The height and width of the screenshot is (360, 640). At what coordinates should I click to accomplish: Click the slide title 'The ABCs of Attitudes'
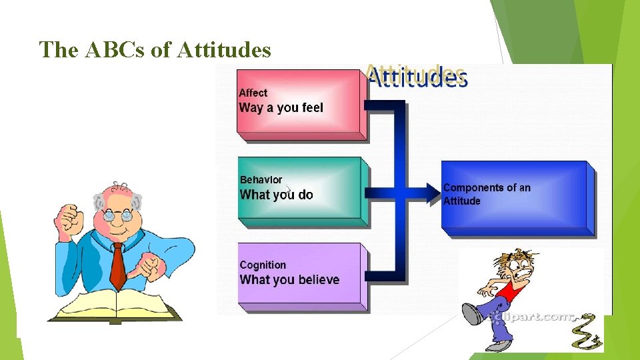[x=155, y=49]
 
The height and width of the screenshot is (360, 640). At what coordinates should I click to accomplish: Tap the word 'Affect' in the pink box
[x=253, y=93]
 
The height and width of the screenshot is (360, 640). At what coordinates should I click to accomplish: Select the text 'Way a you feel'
[x=281, y=107]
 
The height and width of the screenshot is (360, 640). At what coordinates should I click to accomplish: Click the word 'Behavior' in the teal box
[x=261, y=179]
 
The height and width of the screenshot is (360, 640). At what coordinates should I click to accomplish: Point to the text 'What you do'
[x=276, y=195]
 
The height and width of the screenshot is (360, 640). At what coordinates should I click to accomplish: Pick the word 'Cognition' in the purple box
[x=263, y=265]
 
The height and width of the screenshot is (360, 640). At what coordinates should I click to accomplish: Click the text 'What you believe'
[x=289, y=279]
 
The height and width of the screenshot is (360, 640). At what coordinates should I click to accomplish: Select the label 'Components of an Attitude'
[x=487, y=194]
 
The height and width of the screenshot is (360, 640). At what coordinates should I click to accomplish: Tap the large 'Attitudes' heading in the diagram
[x=417, y=77]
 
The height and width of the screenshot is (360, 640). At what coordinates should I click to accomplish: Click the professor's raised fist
[x=68, y=217]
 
